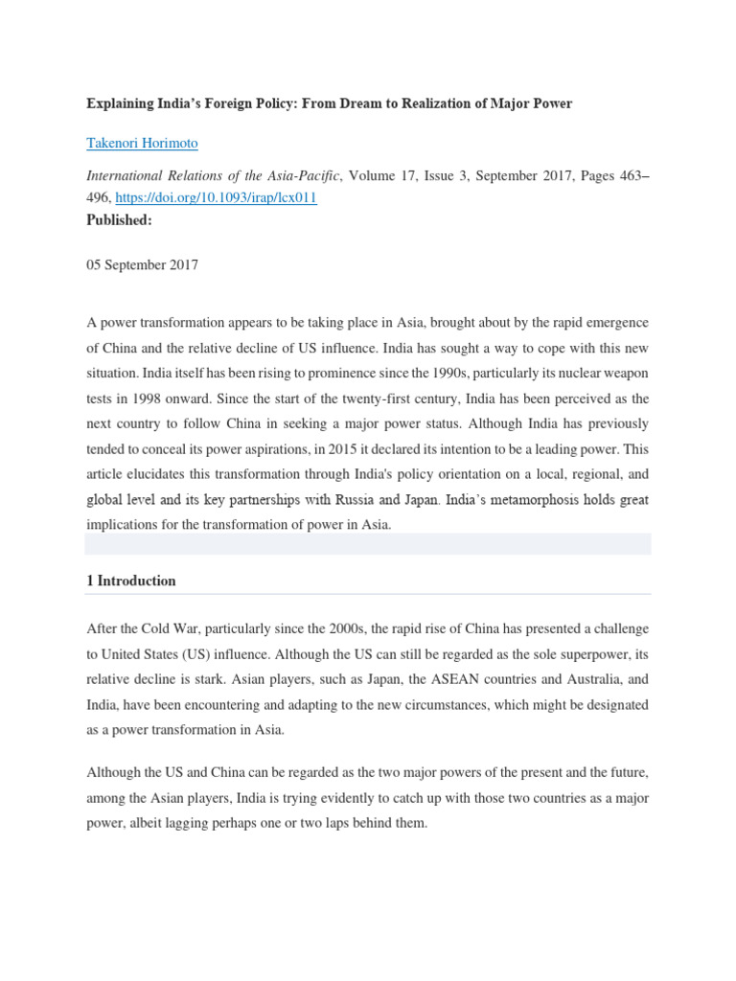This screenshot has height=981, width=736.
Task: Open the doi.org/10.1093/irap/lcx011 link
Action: tap(216, 197)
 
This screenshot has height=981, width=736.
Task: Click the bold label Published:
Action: tap(120, 219)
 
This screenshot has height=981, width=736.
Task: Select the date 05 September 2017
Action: tap(143, 265)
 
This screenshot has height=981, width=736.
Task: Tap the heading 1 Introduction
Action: tap(131, 581)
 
